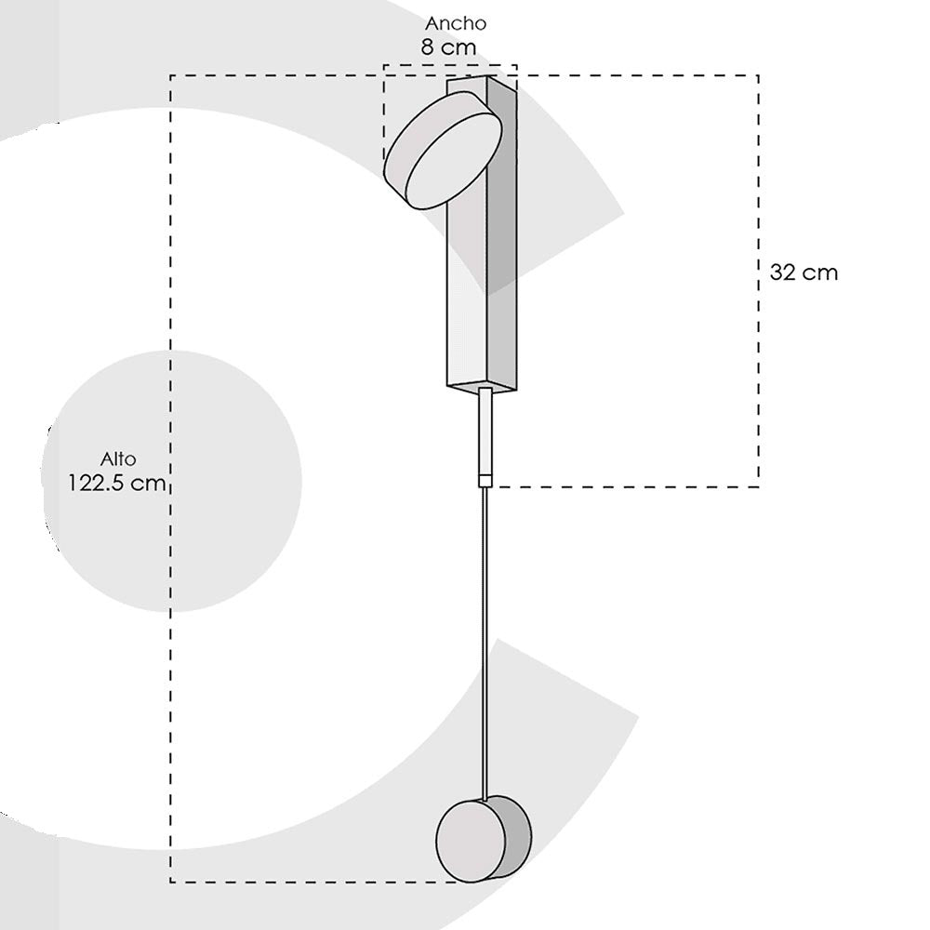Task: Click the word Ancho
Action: coord(456,23)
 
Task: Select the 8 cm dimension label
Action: coord(448,46)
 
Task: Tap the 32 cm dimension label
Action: coord(804,272)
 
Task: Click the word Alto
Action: coord(118,458)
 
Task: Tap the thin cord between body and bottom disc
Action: coord(485,642)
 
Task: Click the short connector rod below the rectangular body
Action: coord(485,432)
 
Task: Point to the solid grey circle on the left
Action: coord(172,481)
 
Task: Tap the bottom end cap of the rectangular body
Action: coord(482,386)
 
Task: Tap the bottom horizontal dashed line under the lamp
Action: coord(307,882)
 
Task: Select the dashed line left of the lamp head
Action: coord(385,112)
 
